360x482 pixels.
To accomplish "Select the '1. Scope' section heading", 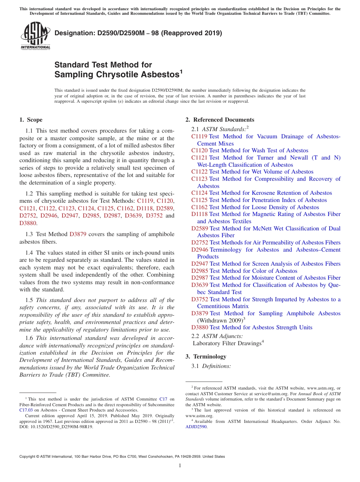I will [31, 120].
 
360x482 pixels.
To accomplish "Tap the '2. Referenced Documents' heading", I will [220, 120].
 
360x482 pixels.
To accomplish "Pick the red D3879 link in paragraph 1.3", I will [78, 235].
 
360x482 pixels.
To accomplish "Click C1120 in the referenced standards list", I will [199, 150].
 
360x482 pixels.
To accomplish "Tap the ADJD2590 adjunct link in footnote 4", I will [196, 426].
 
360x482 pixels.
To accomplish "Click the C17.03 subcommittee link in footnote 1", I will [26, 410].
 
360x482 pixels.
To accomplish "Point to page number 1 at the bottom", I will [180, 466].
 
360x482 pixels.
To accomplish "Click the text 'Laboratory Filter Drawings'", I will [227, 343].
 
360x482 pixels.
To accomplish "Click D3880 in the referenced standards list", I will [200, 327].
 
